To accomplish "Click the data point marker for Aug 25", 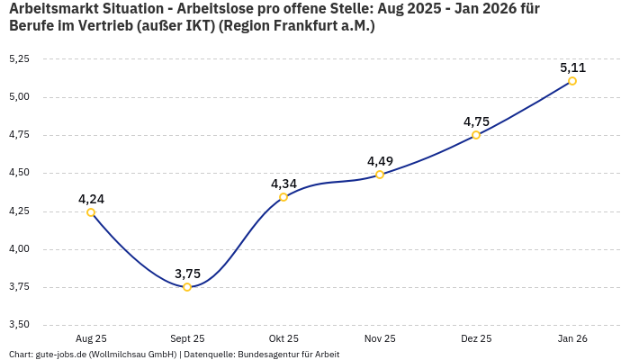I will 91,212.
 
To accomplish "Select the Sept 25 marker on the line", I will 187,287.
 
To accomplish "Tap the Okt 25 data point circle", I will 283,197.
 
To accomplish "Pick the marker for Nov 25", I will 380,175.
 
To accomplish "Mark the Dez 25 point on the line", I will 476,135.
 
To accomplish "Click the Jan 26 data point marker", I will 572,81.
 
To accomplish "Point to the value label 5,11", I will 572,67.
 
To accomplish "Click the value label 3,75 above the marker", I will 187,274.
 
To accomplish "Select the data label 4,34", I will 283,184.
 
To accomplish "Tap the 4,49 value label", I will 380,161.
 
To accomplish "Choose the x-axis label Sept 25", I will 187,338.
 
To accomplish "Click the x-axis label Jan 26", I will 572,338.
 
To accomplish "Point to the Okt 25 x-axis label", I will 283,338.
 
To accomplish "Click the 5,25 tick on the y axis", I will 19,58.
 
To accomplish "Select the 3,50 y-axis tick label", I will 19,325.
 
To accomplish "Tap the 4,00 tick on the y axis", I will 19,249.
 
